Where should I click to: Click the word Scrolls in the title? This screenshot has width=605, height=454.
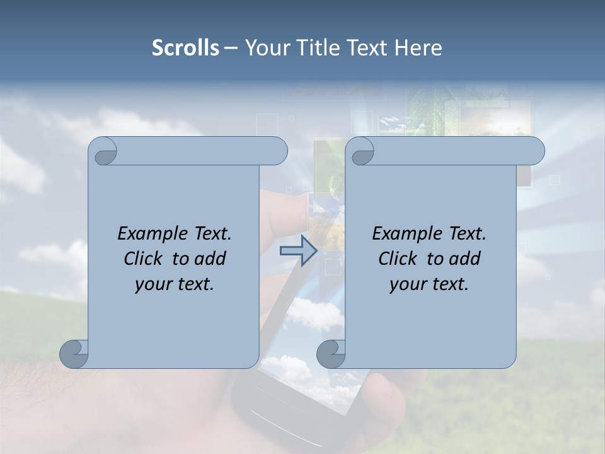185,48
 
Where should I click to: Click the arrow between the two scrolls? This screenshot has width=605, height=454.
298,251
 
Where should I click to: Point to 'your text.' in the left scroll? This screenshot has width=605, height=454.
175,284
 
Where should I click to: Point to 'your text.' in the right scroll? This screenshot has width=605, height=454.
429,284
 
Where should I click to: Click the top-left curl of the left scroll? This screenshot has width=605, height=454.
103,151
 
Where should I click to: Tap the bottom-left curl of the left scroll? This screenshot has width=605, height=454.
74,354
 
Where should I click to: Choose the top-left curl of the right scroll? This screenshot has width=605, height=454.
360,151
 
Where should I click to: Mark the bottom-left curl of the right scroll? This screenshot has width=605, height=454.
331,354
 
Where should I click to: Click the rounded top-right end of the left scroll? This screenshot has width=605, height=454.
277,151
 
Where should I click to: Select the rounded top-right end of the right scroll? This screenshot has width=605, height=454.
534,151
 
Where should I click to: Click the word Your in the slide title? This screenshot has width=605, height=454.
264,48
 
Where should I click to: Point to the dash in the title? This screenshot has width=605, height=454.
231,48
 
